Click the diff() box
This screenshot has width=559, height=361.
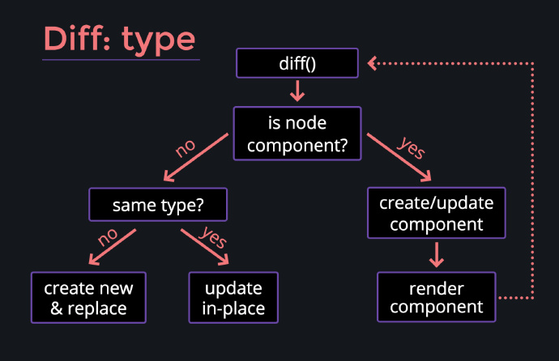[297, 63]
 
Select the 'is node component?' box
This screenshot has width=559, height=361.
[297, 134]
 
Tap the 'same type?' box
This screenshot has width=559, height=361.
[158, 205]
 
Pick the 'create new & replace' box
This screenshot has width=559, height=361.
[88, 298]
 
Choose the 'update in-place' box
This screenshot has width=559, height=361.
[233, 298]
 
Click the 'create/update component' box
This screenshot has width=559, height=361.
[437, 213]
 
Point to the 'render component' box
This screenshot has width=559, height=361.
[437, 297]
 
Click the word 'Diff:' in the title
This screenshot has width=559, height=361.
[77, 39]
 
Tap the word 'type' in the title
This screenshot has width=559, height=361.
[159, 41]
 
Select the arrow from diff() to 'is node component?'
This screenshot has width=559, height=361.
[297, 91]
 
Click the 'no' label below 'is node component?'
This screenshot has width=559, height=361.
[186, 148]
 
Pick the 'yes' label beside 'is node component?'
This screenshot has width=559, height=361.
[412, 147]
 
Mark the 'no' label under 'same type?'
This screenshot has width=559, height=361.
[108, 236]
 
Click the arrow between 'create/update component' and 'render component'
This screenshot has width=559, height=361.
[437, 255]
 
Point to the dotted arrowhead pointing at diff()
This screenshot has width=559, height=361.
[372, 63]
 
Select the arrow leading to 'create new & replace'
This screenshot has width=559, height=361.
[112, 247]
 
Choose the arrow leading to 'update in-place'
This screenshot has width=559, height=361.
[205, 247]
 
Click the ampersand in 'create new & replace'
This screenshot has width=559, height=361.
[57, 308]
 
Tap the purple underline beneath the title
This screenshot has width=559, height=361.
[121, 60]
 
